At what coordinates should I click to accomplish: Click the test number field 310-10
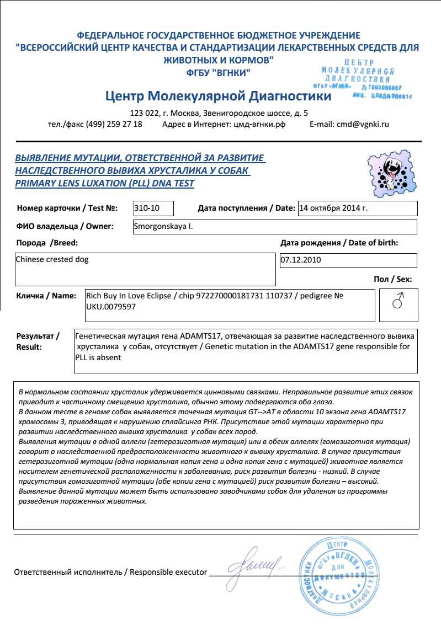(153, 208)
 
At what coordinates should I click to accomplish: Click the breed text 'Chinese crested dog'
(52, 259)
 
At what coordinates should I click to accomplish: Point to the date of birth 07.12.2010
(301, 260)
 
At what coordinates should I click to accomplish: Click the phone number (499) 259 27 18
(113, 124)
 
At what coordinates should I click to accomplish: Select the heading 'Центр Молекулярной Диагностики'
(218, 97)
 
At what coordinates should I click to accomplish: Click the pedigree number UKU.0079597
(111, 306)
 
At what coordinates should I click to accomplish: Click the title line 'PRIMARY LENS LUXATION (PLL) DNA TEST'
(105, 184)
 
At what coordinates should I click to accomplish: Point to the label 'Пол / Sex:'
(392, 279)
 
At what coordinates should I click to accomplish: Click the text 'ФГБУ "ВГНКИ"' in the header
(218, 72)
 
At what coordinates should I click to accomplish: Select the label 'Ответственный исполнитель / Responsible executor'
(110, 572)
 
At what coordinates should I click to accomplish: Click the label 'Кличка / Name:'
(46, 296)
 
